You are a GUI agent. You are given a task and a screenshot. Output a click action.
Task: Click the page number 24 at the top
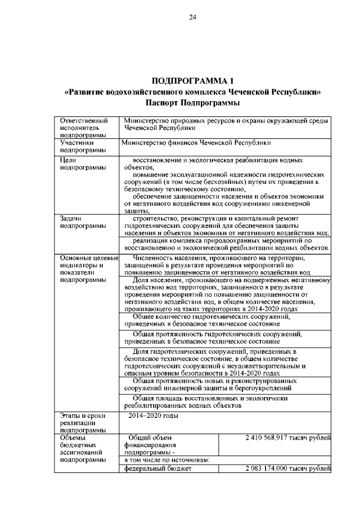[x=192, y=17]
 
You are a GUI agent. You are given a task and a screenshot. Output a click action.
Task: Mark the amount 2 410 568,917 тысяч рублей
[x=287, y=437]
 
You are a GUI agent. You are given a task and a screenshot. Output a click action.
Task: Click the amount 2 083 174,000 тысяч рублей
[x=287, y=469]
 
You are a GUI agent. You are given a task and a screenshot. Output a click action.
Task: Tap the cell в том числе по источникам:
[x=166, y=460]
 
